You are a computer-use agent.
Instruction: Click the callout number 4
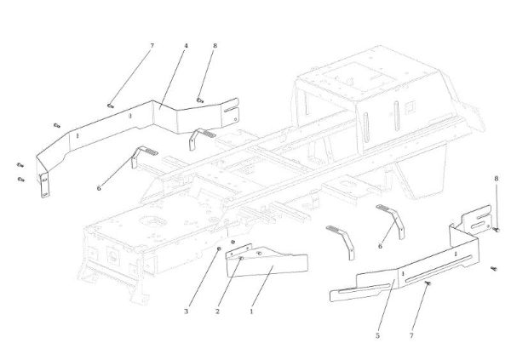pos(185,44)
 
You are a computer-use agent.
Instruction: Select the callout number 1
pos(251,311)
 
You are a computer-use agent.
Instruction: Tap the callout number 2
pos(217,311)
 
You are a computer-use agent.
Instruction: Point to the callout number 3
pos(186,311)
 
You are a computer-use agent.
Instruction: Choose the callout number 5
pos(376,336)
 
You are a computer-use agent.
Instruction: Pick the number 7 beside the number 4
pos(152,44)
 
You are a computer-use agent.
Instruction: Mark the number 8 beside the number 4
pos(215,44)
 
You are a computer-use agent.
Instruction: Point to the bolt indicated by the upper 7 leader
pos(111,104)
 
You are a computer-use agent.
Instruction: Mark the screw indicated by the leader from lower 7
pos(428,284)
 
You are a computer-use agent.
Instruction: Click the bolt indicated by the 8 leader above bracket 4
pos(200,100)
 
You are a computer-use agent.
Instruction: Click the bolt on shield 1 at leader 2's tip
pos(241,258)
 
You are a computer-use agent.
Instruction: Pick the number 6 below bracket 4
pos(99,187)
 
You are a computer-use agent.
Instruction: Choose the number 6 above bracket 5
pos(380,246)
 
